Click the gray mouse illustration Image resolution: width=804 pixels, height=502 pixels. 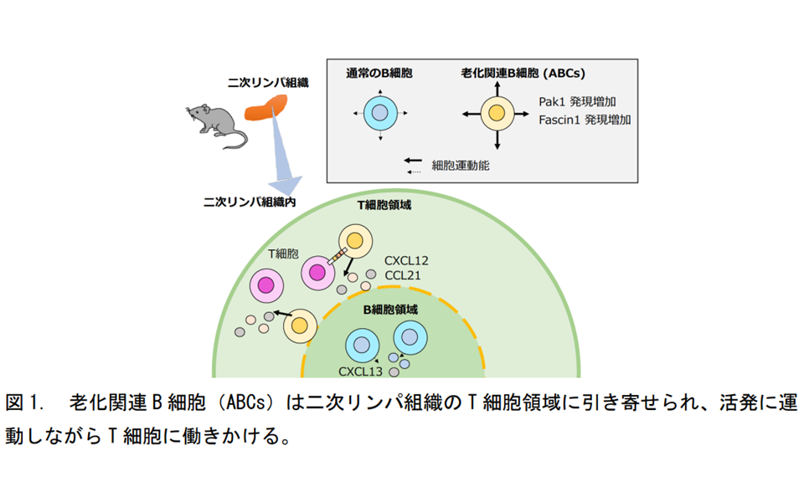click(x=216, y=125)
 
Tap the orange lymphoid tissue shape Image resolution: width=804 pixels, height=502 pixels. click(x=265, y=108)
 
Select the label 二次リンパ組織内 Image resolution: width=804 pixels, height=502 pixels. click(x=250, y=202)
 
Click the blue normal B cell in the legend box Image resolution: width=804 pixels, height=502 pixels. click(x=380, y=113)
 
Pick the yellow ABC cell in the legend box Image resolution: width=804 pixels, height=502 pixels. click(x=497, y=113)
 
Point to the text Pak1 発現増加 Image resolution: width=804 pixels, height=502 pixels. click(x=577, y=101)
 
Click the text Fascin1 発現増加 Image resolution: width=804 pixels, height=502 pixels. click(x=585, y=120)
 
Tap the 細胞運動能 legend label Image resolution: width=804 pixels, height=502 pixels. click(x=461, y=166)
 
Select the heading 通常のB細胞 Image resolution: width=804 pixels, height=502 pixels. click(x=379, y=74)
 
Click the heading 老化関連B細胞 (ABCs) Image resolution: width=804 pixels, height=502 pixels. click(x=523, y=74)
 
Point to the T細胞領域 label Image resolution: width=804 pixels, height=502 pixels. click(x=384, y=205)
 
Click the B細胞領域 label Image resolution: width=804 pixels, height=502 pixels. click(x=390, y=310)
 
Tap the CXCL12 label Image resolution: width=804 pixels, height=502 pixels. click(x=406, y=261)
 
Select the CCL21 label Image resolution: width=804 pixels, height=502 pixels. click(x=403, y=275)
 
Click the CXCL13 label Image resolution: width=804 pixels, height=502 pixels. click(x=360, y=371)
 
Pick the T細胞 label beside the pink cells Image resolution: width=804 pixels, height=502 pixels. click(x=283, y=254)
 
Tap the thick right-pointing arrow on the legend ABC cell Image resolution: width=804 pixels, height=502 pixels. click(x=522, y=114)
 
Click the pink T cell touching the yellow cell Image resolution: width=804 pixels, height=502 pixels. click(x=318, y=273)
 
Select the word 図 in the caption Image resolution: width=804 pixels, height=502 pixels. click(x=14, y=402)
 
